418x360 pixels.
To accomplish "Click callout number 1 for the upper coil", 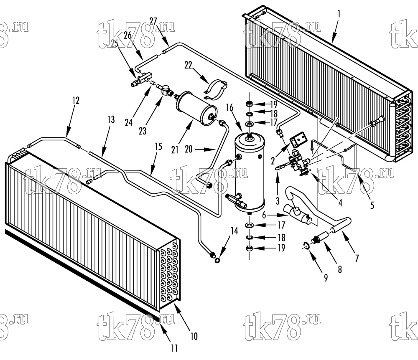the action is point(339,14).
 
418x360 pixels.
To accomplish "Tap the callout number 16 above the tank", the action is point(229,108).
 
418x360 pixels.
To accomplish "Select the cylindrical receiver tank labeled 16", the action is point(250,173).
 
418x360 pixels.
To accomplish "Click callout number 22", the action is point(188,65).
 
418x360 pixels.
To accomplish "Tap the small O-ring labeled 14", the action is point(217,260).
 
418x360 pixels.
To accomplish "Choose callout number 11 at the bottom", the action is point(174,348).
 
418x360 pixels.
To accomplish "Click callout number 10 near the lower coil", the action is point(194,336).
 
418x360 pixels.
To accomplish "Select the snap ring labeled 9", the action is point(307,245).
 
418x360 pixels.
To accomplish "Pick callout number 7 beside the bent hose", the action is point(357,258).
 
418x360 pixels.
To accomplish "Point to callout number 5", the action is point(372,205).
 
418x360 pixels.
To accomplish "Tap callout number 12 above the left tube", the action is point(76,100).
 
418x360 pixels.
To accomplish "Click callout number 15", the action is point(158,147).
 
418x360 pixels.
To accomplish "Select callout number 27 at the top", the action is point(153,21).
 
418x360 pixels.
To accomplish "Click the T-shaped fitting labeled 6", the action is point(296,213).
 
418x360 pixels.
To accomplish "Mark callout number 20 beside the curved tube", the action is point(189,149).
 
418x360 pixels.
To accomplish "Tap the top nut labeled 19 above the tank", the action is point(250,103).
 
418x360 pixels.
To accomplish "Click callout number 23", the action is point(143,131).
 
